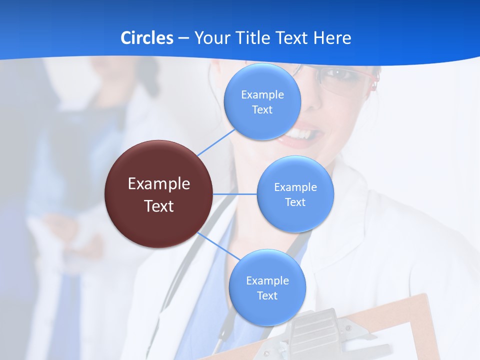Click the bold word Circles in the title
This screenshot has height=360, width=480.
(147, 38)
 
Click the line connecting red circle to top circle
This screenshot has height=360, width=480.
(216, 142)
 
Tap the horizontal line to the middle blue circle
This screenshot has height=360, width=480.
(235, 194)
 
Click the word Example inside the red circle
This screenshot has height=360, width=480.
(159, 184)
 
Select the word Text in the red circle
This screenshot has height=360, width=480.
(159, 206)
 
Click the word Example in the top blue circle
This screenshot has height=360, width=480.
(262, 94)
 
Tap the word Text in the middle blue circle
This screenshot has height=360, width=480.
(295, 202)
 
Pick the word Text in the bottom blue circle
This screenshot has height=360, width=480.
(267, 295)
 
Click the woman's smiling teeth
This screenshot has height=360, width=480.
(302, 134)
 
